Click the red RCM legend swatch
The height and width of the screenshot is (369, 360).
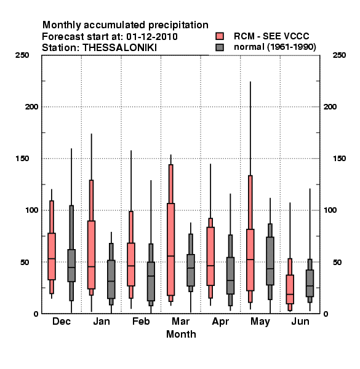click(x=220, y=36)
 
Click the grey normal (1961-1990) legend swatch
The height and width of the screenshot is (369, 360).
click(x=220, y=47)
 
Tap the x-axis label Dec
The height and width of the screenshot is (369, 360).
click(x=62, y=321)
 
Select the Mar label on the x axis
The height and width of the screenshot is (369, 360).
click(x=180, y=321)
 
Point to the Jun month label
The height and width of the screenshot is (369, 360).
click(x=300, y=321)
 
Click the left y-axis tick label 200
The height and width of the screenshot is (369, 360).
click(x=31, y=107)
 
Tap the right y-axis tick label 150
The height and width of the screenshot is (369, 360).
click(x=339, y=159)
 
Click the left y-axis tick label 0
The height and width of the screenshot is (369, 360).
click(x=36, y=314)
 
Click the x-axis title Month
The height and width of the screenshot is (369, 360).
click(x=181, y=334)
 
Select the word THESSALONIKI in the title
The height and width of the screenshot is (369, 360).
click(x=119, y=48)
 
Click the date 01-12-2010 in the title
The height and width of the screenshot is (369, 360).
click(x=152, y=37)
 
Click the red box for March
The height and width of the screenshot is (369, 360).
click(x=170, y=249)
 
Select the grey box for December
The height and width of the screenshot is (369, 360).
click(x=71, y=266)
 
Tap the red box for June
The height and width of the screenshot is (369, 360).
click(x=290, y=289)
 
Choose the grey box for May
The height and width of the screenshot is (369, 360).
click(x=270, y=261)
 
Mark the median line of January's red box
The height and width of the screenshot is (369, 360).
click(x=91, y=267)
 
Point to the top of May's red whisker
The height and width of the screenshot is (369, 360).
click(x=250, y=82)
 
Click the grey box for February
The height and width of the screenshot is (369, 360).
click(x=151, y=282)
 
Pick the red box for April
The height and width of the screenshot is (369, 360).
click(x=210, y=256)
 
